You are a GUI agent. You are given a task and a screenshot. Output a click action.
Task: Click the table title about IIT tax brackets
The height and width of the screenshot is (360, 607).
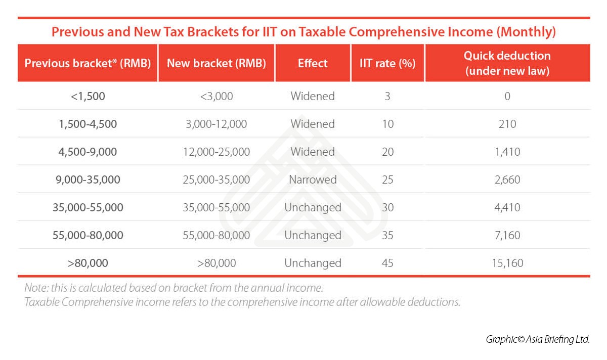click(x=303, y=32)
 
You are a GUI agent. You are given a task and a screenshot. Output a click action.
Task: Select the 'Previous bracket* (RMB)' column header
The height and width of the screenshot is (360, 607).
click(x=88, y=63)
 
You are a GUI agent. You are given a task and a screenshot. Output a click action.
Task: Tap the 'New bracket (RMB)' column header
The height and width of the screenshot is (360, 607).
click(x=216, y=63)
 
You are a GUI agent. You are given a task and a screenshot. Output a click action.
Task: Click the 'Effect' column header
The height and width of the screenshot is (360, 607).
click(x=313, y=63)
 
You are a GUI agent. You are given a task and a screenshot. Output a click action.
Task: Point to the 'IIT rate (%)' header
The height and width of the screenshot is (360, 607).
click(x=387, y=63)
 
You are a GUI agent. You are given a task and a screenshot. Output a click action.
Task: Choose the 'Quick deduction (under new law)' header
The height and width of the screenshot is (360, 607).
click(x=507, y=63)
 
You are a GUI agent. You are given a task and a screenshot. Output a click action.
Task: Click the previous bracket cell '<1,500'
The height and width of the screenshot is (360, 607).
click(x=88, y=96)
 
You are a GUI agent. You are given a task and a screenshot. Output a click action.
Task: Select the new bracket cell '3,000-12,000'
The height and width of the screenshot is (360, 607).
click(x=216, y=124)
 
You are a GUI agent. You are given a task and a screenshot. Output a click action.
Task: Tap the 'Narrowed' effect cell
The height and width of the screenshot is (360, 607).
click(x=313, y=179)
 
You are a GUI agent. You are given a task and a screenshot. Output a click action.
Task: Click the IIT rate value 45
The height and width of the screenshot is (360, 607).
click(x=387, y=263)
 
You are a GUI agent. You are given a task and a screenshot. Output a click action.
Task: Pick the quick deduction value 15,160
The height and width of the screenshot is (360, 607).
click(x=507, y=263)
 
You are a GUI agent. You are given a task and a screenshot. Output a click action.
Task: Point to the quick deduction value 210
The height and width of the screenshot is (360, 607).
click(x=507, y=124)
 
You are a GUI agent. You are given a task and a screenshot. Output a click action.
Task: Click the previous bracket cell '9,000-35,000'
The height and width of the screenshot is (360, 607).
click(x=88, y=179)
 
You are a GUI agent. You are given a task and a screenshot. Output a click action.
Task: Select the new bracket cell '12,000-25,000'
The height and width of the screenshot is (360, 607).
click(x=216, y=152)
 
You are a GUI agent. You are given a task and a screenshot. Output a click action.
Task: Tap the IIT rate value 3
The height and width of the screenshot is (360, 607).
click(x=387, y=96)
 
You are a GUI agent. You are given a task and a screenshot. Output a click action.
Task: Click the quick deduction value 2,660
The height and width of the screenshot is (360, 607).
click(x=507, y=179)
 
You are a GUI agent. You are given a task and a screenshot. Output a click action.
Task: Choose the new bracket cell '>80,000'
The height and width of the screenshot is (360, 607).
click(x=216, y=263)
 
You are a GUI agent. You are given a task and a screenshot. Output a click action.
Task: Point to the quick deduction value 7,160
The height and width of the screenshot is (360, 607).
click(x=507, y=235)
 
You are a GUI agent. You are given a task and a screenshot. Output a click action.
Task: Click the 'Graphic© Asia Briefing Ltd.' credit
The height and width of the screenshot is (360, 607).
click(x=538, y=339)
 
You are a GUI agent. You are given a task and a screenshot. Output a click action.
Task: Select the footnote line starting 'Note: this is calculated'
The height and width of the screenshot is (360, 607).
click(x=174, y=289)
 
